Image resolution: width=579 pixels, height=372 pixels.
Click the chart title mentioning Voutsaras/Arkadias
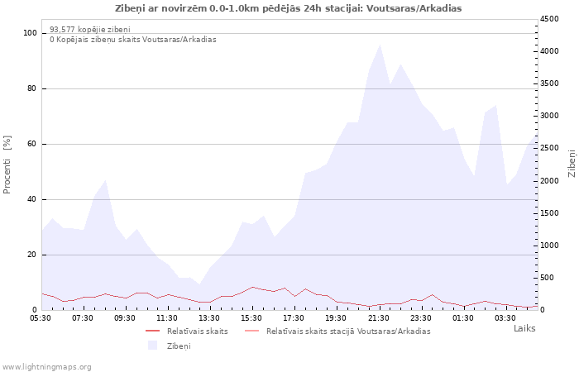(x=289, y=8)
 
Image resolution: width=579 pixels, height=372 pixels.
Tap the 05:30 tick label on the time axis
(x=41, y=318)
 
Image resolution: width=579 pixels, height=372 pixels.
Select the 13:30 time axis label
(x=209, y=318)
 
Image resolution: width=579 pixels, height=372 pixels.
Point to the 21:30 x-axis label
(x=379, y=318)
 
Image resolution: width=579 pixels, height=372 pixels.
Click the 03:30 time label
(x=505, y=318)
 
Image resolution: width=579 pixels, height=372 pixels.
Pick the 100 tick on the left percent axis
(x=31, y=33)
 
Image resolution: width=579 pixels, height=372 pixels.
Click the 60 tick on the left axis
(x=32, y=144)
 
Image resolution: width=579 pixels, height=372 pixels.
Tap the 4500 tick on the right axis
(x=549, y=19)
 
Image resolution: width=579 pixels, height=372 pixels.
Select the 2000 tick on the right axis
(x=549, y=181)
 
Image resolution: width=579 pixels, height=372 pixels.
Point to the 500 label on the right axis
(x=547, y=278)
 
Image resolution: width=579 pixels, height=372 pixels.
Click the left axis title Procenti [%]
(x=7, y=165)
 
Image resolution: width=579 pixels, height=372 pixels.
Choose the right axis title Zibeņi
(x=572, y=164)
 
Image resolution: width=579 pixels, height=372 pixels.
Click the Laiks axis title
(x=524, y=328)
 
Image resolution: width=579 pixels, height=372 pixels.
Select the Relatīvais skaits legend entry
(x=187, y=331)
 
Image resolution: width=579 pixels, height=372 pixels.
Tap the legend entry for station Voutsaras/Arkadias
(x=337, y=331)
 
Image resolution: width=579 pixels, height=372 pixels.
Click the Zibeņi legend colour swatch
(x=152, y=346)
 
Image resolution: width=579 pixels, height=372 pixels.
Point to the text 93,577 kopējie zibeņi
(x=90, y=30)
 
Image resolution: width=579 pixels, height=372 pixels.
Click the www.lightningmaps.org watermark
(x=46, y=367)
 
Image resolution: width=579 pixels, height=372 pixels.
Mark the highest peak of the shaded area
(x=380, y=45)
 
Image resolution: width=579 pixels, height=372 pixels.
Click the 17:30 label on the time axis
(x=294, y=318)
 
